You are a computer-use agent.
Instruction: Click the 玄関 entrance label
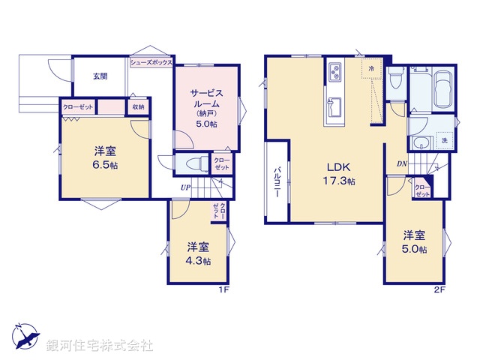point(100,76)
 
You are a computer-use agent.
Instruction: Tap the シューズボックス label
point(151,63)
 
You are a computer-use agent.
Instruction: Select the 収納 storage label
point(138,107)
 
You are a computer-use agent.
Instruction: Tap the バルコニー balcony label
point(276,181)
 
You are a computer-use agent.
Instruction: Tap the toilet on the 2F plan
point(396,79)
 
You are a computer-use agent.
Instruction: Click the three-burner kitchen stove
point(334,73)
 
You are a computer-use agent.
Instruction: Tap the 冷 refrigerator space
point(371,68)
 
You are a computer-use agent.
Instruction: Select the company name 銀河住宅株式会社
point(100,345)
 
